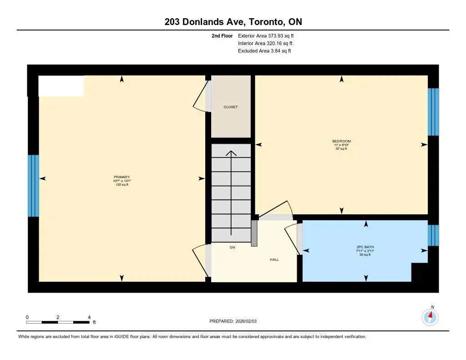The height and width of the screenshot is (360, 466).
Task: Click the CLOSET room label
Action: point(231,107)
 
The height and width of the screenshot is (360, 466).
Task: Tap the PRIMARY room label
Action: point(122,177)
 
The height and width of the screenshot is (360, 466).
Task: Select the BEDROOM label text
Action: point(341,141)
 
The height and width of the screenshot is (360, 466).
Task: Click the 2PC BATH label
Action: point(365,248)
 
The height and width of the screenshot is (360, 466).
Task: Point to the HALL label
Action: point(274,259)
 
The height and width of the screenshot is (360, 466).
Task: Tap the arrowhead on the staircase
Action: point(231,153)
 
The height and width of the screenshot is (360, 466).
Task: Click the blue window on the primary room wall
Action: point(33,186)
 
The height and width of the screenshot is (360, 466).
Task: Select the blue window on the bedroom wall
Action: point(433,112)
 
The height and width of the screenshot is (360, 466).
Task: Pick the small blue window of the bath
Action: point(433,235)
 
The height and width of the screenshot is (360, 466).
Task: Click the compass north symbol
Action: point(430,315)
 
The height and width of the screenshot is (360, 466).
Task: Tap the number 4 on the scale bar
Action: point(89,317)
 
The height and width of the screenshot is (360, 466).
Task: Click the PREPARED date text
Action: point(236,321)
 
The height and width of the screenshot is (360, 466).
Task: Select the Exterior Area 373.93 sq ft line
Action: point(269,35)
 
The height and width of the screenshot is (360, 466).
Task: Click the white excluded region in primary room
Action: point(61,86)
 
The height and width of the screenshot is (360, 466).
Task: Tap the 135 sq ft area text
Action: point(122,185)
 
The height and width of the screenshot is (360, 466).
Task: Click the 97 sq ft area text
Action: point(341,149)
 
